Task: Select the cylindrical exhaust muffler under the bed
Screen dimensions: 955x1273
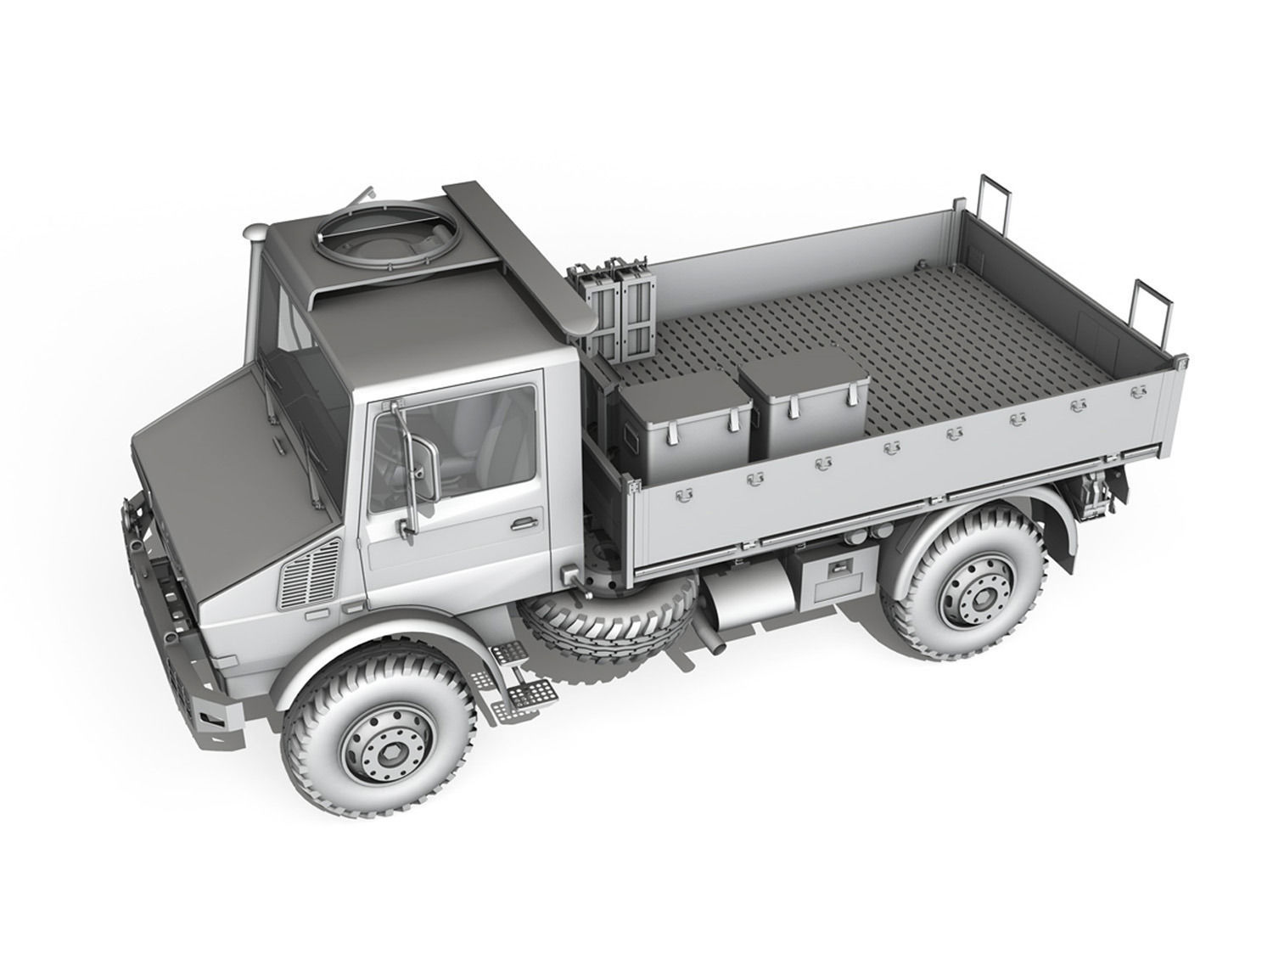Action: (747, 599)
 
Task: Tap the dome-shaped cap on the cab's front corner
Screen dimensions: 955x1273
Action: (255, 231)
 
